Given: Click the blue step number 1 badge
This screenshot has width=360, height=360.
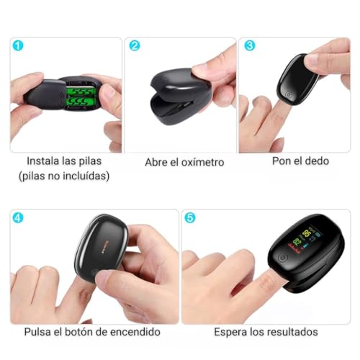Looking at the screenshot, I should [x=19, y=45].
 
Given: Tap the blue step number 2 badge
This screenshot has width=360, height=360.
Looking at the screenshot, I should [x=134, y=45].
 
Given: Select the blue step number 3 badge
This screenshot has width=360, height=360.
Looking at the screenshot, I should [x=249, y=45].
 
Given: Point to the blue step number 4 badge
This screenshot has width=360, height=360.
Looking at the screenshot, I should [x=19, y=217].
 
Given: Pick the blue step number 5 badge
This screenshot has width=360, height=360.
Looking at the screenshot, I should [x=190, y=217].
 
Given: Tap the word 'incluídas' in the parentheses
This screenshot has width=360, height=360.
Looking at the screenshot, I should [x=89, y=176].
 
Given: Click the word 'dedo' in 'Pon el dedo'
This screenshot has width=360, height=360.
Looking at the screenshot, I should [x=315, y=161].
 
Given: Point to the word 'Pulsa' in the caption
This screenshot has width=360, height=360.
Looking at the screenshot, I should [x=39, y=332].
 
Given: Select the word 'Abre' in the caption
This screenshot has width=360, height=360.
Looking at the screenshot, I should [x=157, y=162].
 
